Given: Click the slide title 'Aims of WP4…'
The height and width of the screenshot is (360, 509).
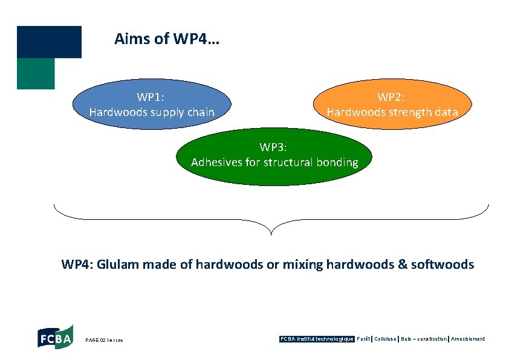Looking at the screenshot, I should [x=167, y=39].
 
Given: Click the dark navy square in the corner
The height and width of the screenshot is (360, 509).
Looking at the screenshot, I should [x=49, y=42].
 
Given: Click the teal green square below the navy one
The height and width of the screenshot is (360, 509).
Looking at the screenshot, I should [x=36, y=74].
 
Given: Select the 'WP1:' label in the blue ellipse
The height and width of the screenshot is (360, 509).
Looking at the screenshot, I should [x=151, y=97].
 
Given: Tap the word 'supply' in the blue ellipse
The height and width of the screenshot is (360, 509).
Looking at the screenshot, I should [x=170, y=112].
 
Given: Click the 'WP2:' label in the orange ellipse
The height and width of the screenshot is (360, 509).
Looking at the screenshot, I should [x=392, y=97].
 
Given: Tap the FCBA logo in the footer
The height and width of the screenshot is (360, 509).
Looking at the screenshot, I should [x=55, y=336].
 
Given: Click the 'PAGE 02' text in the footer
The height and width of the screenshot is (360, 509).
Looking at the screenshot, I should [x=97, y=340].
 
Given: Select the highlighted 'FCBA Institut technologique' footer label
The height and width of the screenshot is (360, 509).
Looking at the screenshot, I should [x=317, y=339].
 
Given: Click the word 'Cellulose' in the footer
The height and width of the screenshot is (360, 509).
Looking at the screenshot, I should [x=386, y=339].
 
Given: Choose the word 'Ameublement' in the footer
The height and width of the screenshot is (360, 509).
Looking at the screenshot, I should [x=468, y=339].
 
